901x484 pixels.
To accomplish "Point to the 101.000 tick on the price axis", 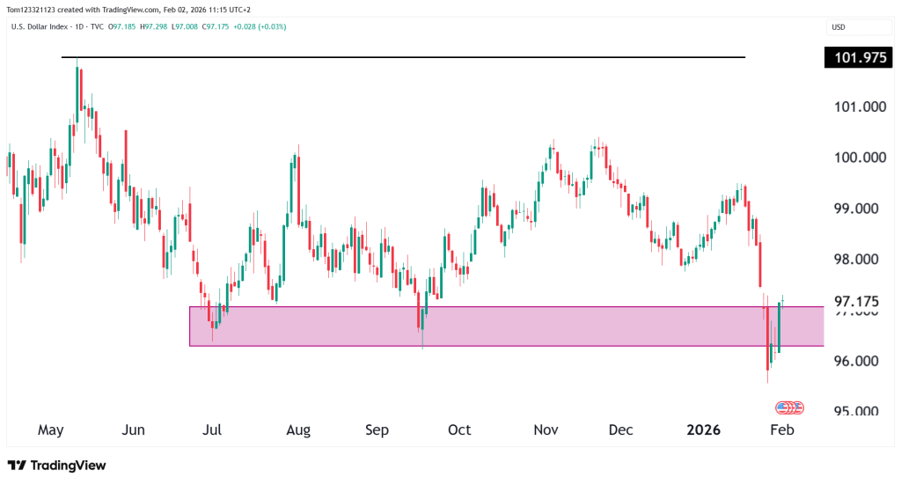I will click(859, 106).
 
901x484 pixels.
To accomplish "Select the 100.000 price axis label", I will click(859, 158).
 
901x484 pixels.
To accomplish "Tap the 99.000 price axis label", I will click(859, 209).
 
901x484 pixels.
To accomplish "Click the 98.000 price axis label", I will click(859, 260).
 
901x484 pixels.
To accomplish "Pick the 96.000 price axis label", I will click(859, 362).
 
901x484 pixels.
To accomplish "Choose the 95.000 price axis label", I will click(859, 412).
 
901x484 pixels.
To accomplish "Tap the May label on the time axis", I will click(52, 430).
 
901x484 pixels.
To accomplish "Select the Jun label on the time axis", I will click(134, 430).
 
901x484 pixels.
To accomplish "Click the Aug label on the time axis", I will click(298, 430).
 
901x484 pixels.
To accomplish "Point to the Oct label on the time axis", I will click(459, 430).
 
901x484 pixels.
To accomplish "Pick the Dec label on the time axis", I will click(621, 430).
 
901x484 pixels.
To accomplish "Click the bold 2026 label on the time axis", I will click(703, 430).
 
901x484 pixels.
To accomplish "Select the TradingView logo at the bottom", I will click(56, 465).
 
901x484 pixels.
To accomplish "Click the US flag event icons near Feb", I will click(789, 408).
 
